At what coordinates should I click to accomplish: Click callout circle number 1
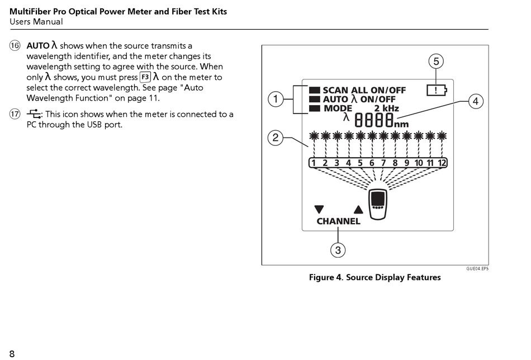275,100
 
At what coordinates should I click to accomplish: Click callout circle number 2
275,138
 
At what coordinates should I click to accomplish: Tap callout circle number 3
338,250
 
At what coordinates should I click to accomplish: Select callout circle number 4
475,101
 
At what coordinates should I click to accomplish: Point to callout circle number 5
436,60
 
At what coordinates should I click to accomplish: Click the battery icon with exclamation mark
437,89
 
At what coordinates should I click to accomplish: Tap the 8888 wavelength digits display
374,120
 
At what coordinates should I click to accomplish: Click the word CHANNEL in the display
338,221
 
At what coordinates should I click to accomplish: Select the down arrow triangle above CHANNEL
319,210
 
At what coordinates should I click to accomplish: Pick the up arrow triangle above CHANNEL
358,210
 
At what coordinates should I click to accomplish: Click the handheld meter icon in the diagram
378,205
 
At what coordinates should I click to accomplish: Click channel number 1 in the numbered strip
314,163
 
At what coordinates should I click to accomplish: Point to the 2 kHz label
386,108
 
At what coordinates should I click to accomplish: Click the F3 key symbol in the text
145,78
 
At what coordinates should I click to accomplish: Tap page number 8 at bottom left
12,353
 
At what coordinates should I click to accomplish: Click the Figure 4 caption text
374,277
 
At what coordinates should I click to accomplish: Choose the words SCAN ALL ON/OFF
364,91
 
